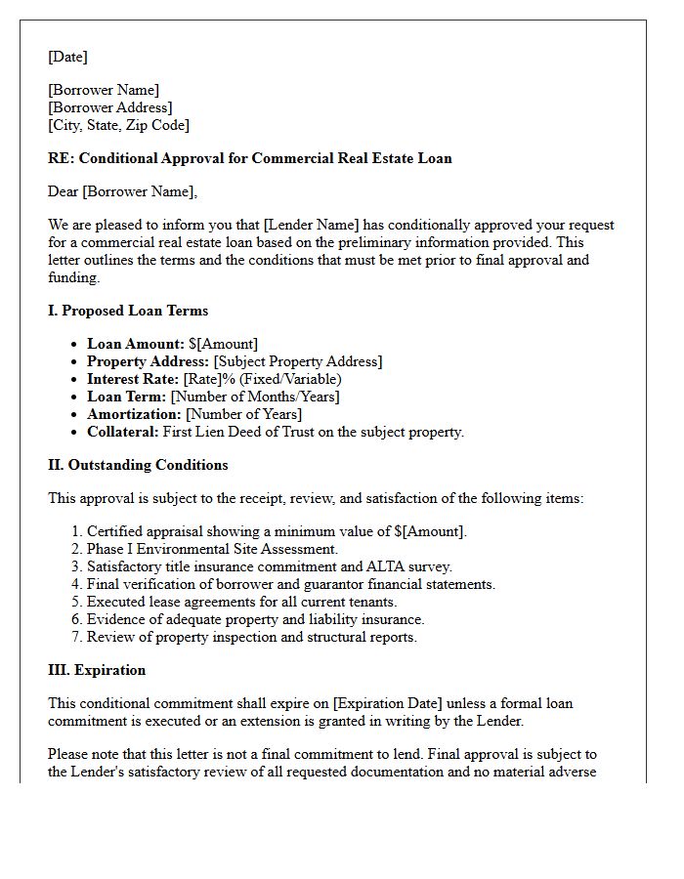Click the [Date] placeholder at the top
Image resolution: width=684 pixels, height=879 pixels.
click(67, 57)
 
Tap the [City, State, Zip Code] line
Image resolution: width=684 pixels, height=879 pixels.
click(118, 125)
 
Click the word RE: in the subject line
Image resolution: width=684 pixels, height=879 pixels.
click(61, 158)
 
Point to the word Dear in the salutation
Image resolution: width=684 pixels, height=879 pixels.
click(64, 191)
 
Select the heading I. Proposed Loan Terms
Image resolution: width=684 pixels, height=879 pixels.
click(128, 311)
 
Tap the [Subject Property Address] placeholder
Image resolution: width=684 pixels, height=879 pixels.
click(297, 361)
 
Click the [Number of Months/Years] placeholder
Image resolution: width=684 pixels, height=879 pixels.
click(255, 397)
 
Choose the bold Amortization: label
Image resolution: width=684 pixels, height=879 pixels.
click(134, 414)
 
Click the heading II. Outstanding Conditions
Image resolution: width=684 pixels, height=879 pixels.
click(138, 465)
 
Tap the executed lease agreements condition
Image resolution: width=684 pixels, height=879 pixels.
click(241, 602)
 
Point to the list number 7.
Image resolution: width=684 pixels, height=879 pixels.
click(76, 637)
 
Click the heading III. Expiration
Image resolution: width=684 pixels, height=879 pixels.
click(97, 670)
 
